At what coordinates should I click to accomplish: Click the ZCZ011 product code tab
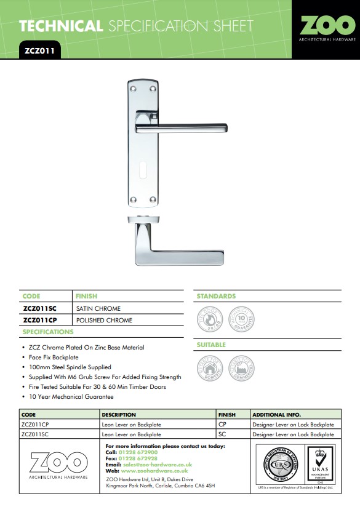point(38,52)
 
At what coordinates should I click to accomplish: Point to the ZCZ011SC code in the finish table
point(41,308)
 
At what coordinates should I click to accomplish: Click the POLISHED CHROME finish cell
point(103,320)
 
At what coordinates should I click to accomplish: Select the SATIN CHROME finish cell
point(98,308)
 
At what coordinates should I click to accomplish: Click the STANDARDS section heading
point(216,297)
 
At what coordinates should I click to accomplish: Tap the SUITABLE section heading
point(211,345)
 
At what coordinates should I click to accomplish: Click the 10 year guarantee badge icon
point(241,320)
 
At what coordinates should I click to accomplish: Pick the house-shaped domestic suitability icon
point(209,369)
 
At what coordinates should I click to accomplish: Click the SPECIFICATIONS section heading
point(48,332)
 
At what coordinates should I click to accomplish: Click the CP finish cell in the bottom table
point(222,425)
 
